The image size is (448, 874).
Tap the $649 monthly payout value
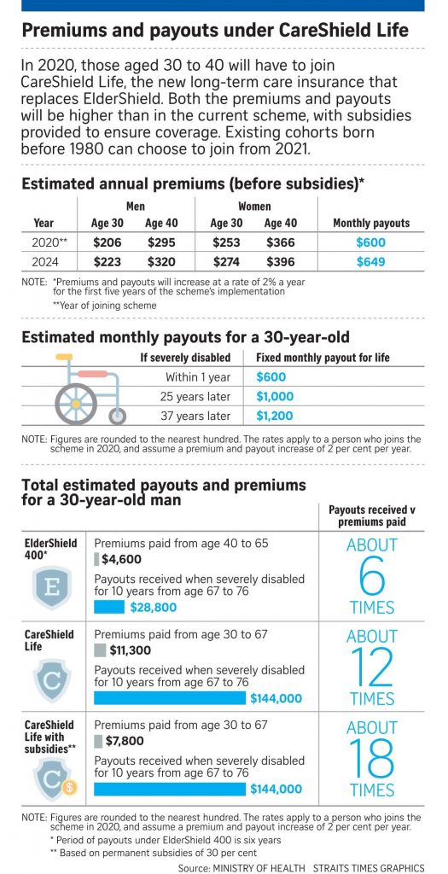click(x=371, y=261)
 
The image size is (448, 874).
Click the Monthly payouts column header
click(x=371, y=223)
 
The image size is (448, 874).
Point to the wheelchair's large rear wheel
click(x=77, y=399)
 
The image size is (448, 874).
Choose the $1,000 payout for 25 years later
click(x=276, y=396)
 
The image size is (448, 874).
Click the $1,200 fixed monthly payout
click(x=275, y=416)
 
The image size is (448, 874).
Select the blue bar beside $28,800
click(x=109, y=607)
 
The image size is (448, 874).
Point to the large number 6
click(x=371, y=577)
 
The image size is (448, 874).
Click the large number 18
click(x=371, y=759)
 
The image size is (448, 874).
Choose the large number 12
click(x=371, y=667)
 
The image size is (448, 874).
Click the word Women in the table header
click(x=254, y=206)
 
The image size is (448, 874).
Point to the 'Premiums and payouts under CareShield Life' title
click(x=214, y=32)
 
